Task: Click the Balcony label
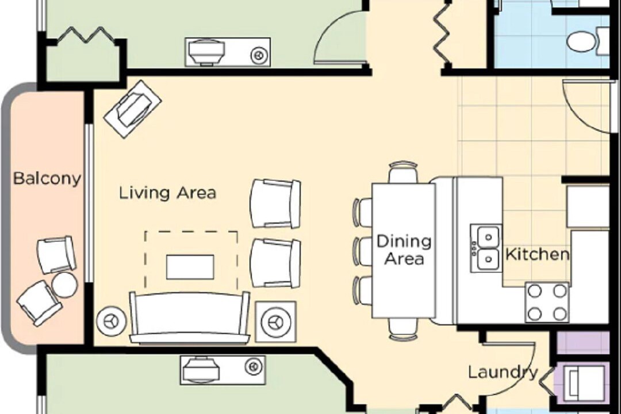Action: tap(47, 179)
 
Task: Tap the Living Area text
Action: tap(167, 193)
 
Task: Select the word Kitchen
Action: tap(538, 254)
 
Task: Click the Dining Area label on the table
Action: tap(404, 250)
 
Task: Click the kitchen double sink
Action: tap(486, 248)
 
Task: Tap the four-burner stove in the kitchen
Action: tap(547, 302)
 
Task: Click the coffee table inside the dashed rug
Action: tap(190, 267)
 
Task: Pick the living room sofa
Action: tap(190, 318)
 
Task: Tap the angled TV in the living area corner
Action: tap(132, 109)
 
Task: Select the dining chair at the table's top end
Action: tap(403, 172)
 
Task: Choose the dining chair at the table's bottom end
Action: tap(403, 329)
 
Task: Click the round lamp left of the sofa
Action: tap(112, 321)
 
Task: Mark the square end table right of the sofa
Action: tap(275, 321)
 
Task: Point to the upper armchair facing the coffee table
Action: tap(275, 204)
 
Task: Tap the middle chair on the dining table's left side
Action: tap(362, 251)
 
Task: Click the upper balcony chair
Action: tap(56, 255)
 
